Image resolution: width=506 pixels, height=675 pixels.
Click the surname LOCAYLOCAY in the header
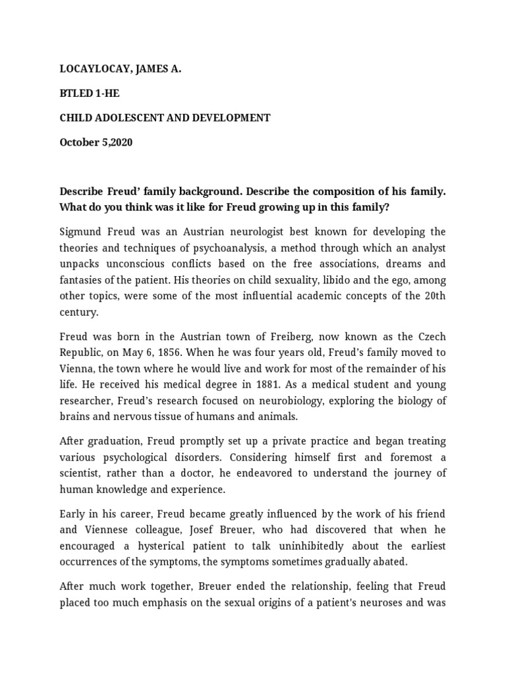tap(97, 68)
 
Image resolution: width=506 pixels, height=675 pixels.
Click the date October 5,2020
tap(96, 142)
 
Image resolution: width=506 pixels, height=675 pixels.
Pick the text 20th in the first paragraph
tap(434, 295)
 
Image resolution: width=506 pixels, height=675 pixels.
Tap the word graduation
tap(117, 441)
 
